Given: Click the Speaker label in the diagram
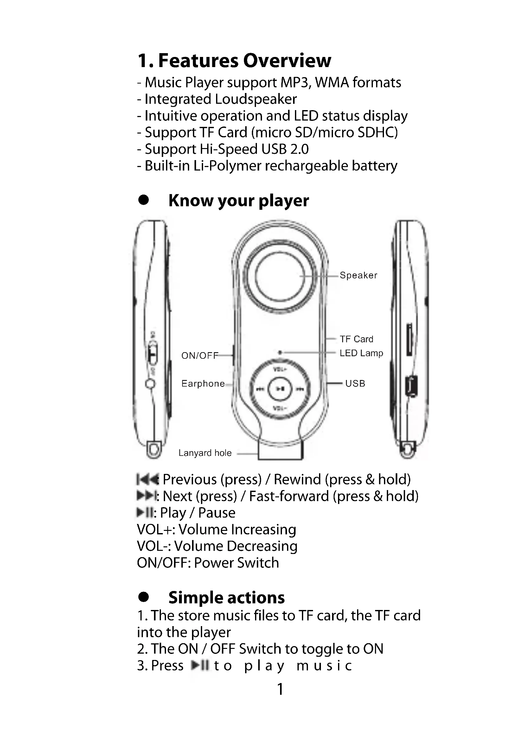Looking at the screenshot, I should (x=358, y=275).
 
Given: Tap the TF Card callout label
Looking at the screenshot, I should (x=356, y=339).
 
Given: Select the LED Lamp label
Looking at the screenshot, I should (x=361, y=353).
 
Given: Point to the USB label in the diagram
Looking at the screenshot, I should (x=355, y=383).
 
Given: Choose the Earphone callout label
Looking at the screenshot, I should (x=203, y=383).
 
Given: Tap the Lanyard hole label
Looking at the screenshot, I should (x=205, y=453).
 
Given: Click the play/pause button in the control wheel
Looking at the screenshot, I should (x=280, y=389).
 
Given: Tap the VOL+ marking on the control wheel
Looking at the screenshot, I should (x=280, y=369).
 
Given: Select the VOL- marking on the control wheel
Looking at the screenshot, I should (x=280, y=408).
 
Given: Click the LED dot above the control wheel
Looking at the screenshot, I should (x=280, y=352).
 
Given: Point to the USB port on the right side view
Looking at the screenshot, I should (x=411, y=386).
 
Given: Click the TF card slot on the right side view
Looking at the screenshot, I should (x=409, y=340).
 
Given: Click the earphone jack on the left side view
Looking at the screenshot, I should (x=150, y=384).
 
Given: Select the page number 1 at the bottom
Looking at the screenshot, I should (x=280, y=689).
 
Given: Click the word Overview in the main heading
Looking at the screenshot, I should (x=287, y=60).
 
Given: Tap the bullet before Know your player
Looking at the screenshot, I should (x=143, y=200).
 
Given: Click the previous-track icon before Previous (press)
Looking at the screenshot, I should (x=147, y=479).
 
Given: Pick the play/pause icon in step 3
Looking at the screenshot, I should (x=200, y=665).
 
